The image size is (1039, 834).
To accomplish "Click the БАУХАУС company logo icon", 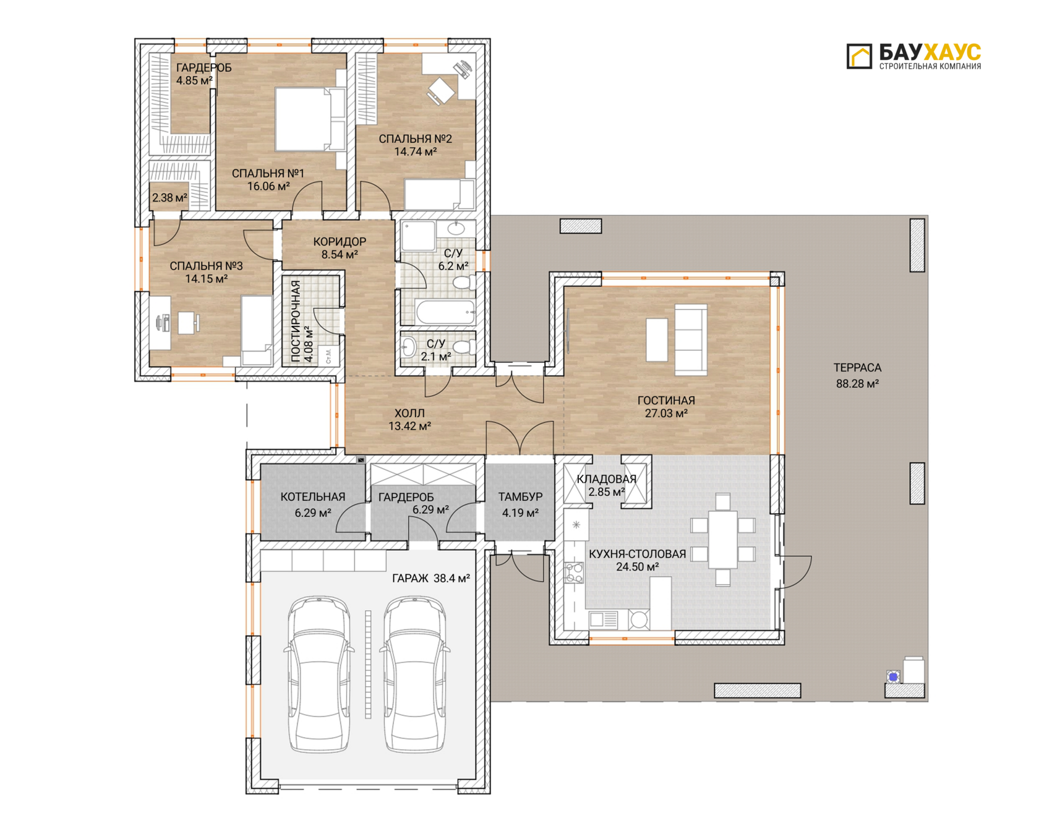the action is click(x=859, y=56).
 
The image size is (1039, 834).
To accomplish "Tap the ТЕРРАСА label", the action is click(x=857, y=368).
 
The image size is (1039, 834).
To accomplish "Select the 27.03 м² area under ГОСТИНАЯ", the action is click(x=666, y=414).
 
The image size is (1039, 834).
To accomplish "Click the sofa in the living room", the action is click(x=691, y=339).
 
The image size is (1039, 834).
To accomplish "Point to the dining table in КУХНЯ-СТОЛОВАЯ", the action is click(x=722, y=539).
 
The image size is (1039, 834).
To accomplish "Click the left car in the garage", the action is click(x=319, y=673).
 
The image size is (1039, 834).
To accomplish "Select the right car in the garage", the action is click(x=415, y=673).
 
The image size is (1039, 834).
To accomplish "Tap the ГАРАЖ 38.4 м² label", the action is click(x=431, y=579).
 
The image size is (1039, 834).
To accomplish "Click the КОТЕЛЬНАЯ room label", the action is click(x=313, y=497).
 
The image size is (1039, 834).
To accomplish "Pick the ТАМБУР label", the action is click(x=520, y=497).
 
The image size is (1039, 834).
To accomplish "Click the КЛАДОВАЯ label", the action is click(x=606, y=479).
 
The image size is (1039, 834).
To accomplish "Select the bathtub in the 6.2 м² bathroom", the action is click(x=446, y=312).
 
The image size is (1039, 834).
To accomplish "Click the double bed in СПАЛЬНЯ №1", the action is click(x=310, y=119).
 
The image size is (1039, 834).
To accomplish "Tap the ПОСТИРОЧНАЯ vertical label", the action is click(x=296, y=321).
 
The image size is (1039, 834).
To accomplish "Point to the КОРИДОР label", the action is click(x=340, y=242).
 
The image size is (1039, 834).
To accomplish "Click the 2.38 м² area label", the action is click(x=169, y=198).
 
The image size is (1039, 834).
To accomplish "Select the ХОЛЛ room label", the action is click(x=409, y=413).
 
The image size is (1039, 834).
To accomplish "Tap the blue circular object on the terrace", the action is click(x=893, y=677).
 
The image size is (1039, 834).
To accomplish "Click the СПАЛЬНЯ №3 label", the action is click(x=206, y=266).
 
